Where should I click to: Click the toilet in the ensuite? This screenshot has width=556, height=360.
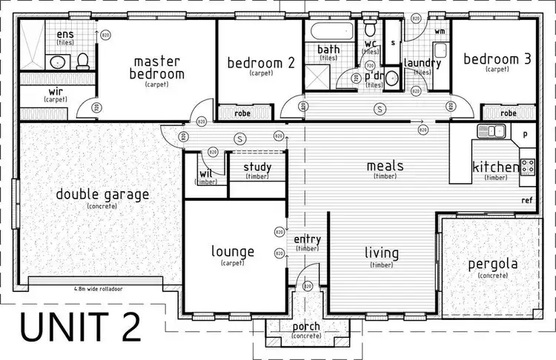click(x=84, y=60)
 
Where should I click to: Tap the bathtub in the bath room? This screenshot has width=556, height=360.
click(x=328, y=33)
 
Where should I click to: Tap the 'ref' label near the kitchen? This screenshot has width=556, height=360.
click(x=526, y=200)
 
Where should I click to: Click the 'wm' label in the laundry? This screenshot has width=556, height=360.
click(x=440, y=31)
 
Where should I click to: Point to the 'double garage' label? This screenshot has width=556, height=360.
click(x=102, y=195)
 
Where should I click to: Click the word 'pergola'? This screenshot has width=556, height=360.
click(x=492, y=264)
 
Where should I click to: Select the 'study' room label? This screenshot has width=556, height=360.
click(x=257, y=167)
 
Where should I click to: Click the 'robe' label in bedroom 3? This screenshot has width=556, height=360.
click(x=508, y=113)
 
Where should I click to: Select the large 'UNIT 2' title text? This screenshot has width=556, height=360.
click(x=80, y=327)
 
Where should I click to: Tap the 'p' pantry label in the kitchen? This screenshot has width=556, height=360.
click(x=524, y=135)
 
